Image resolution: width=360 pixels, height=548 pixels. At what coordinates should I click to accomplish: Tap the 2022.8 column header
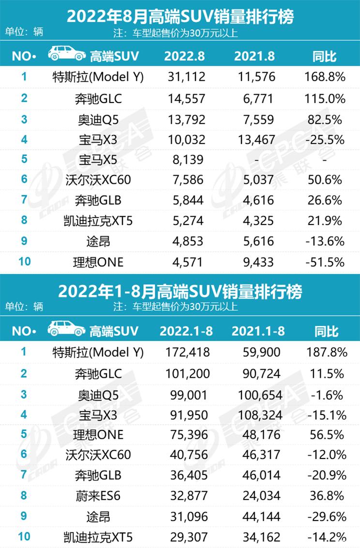184,56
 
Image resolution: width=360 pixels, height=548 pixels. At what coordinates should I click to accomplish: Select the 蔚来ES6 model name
98,496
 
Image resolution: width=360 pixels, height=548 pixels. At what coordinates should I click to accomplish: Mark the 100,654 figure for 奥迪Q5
260,394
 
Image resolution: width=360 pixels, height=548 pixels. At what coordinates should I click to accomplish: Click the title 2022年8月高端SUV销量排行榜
180,18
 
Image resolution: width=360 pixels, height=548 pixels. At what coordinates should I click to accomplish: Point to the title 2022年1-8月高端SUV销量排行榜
180,292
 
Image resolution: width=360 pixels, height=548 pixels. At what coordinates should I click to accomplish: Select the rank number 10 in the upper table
24,262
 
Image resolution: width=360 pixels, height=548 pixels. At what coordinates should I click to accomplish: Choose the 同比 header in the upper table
325,56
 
